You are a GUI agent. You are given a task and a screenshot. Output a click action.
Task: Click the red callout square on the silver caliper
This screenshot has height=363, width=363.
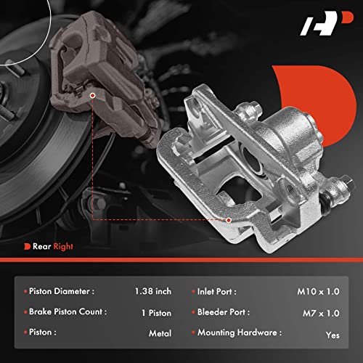click(227, 219)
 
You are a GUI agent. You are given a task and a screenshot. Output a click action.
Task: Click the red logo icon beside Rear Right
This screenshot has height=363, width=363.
click(26, 247)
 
